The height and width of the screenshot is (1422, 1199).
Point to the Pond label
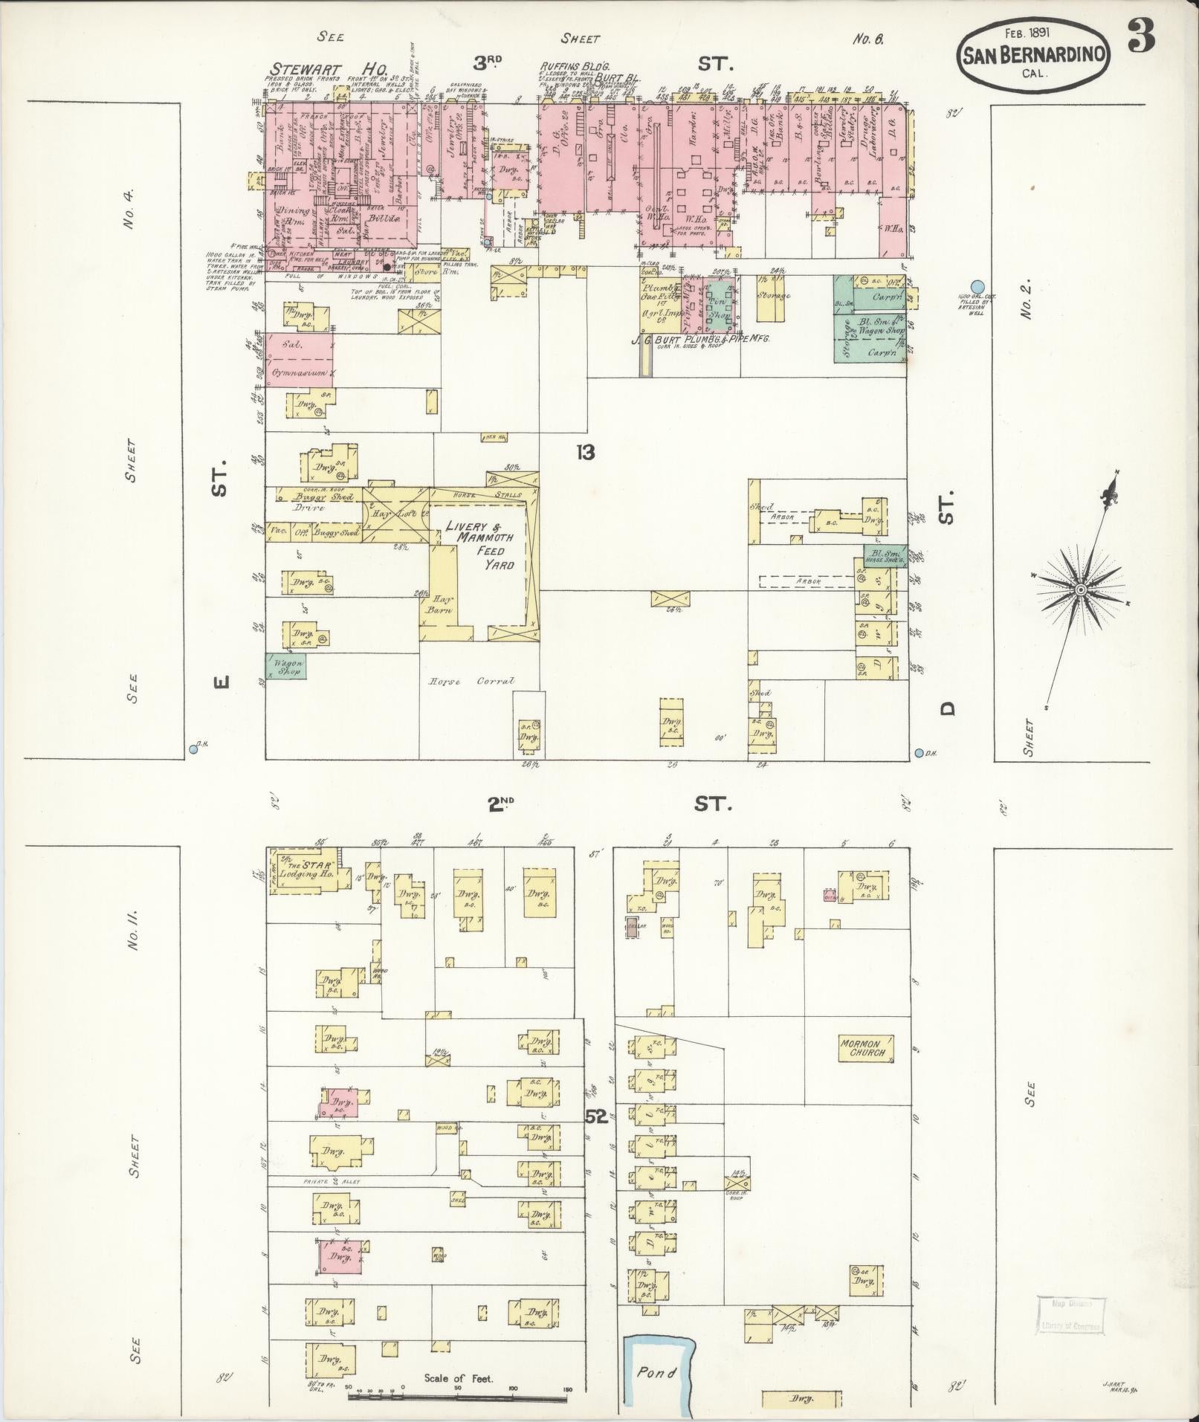(656, 1372)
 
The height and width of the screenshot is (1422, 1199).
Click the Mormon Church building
(863, 1048)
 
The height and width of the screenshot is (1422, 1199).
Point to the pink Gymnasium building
(299, 361)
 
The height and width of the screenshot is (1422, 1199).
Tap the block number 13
(586, 452)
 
